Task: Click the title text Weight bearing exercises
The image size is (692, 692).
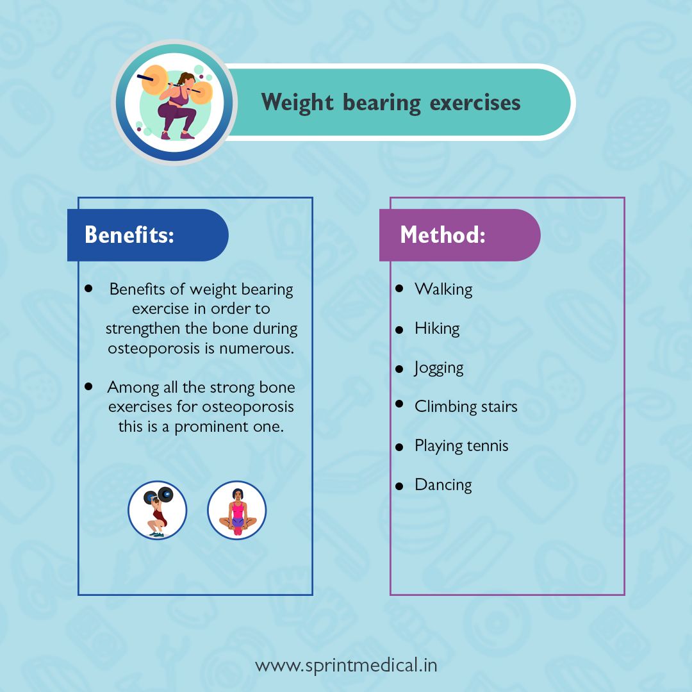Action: click(390, 103)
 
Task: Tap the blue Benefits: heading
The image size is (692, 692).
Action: click(129, 235)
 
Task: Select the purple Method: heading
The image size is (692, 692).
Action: click(443, 235)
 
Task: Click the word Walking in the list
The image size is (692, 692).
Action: click(443, 289)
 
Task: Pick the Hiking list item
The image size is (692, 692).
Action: click(437, 329)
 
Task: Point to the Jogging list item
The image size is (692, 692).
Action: click(439, 368)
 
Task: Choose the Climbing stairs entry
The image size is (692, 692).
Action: click(466, 406)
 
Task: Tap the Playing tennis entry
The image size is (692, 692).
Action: click(461, 446)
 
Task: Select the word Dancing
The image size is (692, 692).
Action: click(443, 485)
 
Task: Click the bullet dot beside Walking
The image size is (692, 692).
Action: click(399, 288)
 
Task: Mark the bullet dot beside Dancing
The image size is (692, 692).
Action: click(399, 486)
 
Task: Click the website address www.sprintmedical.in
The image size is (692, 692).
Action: click(346, 665)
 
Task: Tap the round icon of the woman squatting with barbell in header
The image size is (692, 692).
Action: click(174, 103)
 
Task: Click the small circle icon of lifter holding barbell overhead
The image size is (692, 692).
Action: click(157, 510)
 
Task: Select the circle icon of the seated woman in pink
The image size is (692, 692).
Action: click(236, 510)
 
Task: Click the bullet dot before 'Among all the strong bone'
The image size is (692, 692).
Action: click(89, 386)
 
